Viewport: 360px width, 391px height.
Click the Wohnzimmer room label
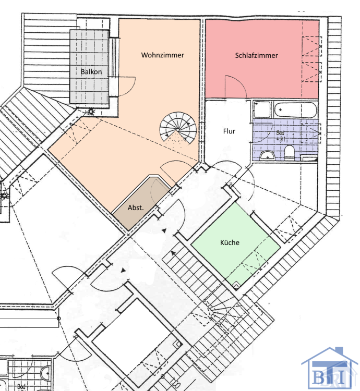(x=162, y=55)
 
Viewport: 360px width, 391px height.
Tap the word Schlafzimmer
(x=256, y=55)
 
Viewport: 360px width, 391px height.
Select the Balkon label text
(x=91, y=71)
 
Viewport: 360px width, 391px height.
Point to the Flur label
(x=228, y=131)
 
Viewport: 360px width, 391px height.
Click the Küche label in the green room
(x=230, y=242)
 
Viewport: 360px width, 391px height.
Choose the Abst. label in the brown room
(x=136, y=208)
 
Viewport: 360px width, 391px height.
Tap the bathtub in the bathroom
(x=295, y=111)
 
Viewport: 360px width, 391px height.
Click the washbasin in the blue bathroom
(x=267, y=155)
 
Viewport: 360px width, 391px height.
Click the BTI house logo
(x=322, y=368)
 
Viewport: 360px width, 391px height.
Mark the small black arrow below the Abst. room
(x=164, y=230)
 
